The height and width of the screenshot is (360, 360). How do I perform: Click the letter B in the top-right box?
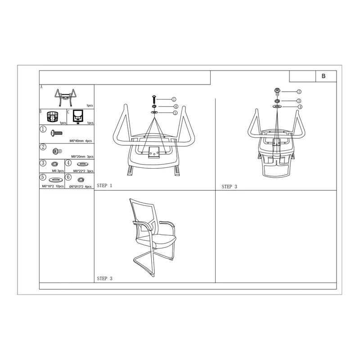click(324, 76)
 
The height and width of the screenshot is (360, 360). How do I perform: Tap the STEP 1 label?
click(104, 185)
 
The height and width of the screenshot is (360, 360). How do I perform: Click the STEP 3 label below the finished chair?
click(104, 279)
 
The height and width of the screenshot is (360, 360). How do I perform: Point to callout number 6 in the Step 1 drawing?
click(176, 107)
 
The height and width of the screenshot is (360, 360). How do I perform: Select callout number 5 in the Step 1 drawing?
click(175, 113)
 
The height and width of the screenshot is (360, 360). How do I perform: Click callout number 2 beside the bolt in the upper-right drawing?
click(299, 92)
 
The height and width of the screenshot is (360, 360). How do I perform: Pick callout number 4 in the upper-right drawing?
click(300, 107)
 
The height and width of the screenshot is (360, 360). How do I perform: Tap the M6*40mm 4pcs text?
click(81, 141)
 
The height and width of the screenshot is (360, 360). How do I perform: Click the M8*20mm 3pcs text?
click(82, 157)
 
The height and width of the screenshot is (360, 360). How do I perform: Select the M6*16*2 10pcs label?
click(53, 186)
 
